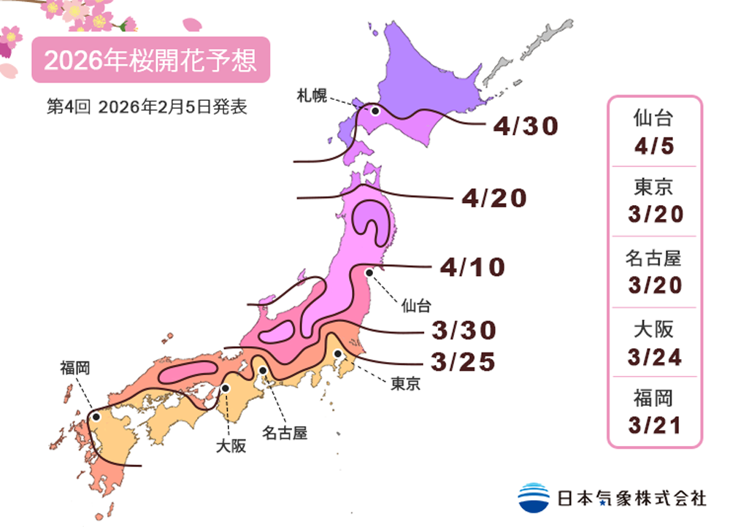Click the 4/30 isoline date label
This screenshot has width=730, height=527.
tap(525, 127)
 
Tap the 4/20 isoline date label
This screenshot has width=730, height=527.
tap(494, 198)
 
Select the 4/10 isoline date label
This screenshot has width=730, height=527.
tap(472, 267)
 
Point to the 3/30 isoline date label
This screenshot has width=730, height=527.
tap(464, 331)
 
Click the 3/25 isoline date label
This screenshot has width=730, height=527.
tap(464, 361)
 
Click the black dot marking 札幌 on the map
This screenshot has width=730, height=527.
tap(375, 111)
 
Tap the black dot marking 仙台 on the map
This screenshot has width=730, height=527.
tap(369, 273)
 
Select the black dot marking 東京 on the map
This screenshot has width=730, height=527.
tap(339, 354)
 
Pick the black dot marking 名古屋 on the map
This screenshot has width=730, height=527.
tap(263, 370)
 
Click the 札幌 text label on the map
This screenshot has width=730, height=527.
tap(310, 94)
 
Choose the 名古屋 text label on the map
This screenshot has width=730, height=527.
tap(284, 433)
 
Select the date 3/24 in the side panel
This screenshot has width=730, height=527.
tap(654, 357)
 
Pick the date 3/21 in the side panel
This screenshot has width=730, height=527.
tap(654, 425)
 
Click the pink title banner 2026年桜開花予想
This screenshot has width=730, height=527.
tap(150, 61)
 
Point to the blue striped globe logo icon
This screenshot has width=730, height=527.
tap(534, 497)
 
